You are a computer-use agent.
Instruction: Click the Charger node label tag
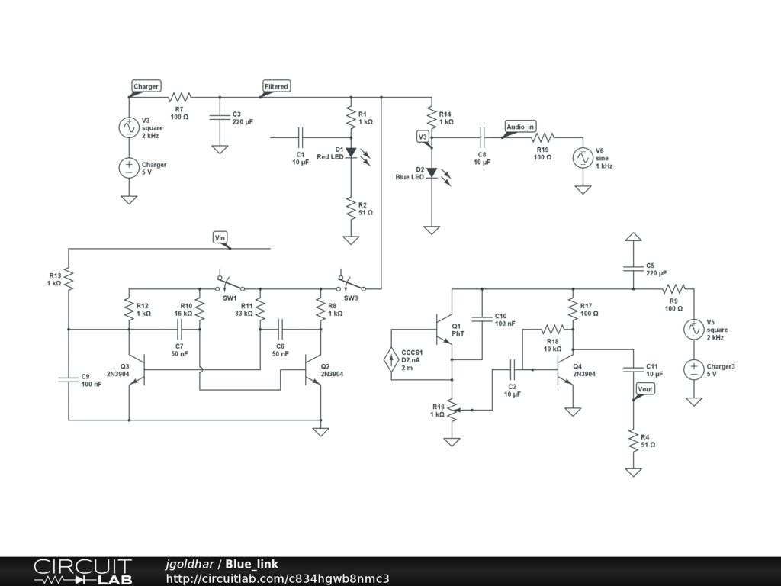[x=146, y=86]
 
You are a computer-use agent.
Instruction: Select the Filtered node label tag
[x=276, y=86]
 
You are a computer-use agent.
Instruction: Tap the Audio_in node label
[x=520, y=127]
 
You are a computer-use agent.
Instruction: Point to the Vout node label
[x=645, y=389]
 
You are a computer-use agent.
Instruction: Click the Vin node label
[x=220, y=238]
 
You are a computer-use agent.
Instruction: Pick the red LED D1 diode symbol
[x=351, y=153]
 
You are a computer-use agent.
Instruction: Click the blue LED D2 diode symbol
[x=432, y=172]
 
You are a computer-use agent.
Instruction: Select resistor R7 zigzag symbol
[x=179, y=97]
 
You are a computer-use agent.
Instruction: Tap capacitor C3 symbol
[x=220, y=117]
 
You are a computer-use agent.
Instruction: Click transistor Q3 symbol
[x=138, y=370]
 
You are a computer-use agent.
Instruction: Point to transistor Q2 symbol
[x=313, y=370]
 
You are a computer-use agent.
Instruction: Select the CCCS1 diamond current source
[x=391, y=359]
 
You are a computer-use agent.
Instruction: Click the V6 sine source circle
[x=583, y=158]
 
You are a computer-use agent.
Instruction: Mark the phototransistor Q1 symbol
[x=444, y=330]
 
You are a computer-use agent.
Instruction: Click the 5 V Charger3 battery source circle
[x=694, y=370]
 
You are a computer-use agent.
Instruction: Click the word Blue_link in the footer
[x=252, y=564]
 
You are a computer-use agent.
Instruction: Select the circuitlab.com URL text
[x=278, y=578]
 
